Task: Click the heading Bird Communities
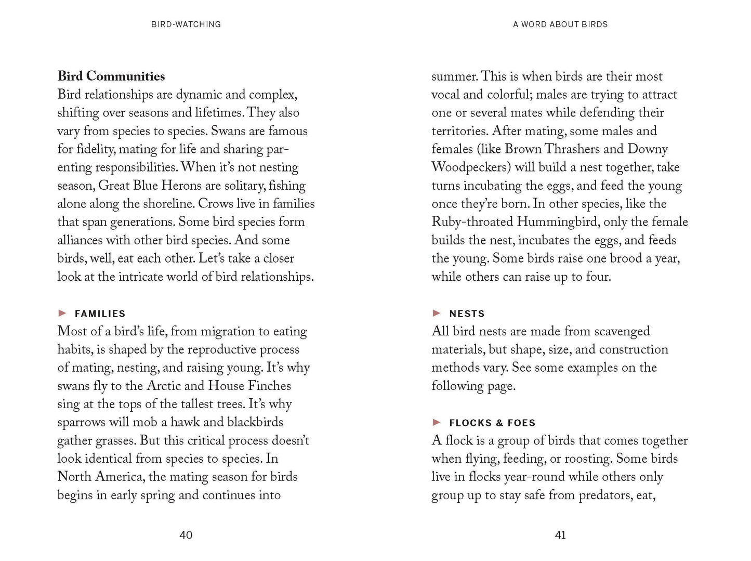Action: pos(111,76)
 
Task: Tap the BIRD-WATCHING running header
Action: pos(186,24)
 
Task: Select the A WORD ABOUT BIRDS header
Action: pos(560,24)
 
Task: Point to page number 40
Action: pos(186,535)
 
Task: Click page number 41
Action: pos(560,535)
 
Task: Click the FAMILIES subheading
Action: pos(100,314)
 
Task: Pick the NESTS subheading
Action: pos(467,314)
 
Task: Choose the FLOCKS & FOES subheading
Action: pos(492,423)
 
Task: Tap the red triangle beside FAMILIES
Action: pos(63,313)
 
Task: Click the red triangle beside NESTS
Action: pos(437,313)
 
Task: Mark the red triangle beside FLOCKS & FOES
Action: pos(437,422)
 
